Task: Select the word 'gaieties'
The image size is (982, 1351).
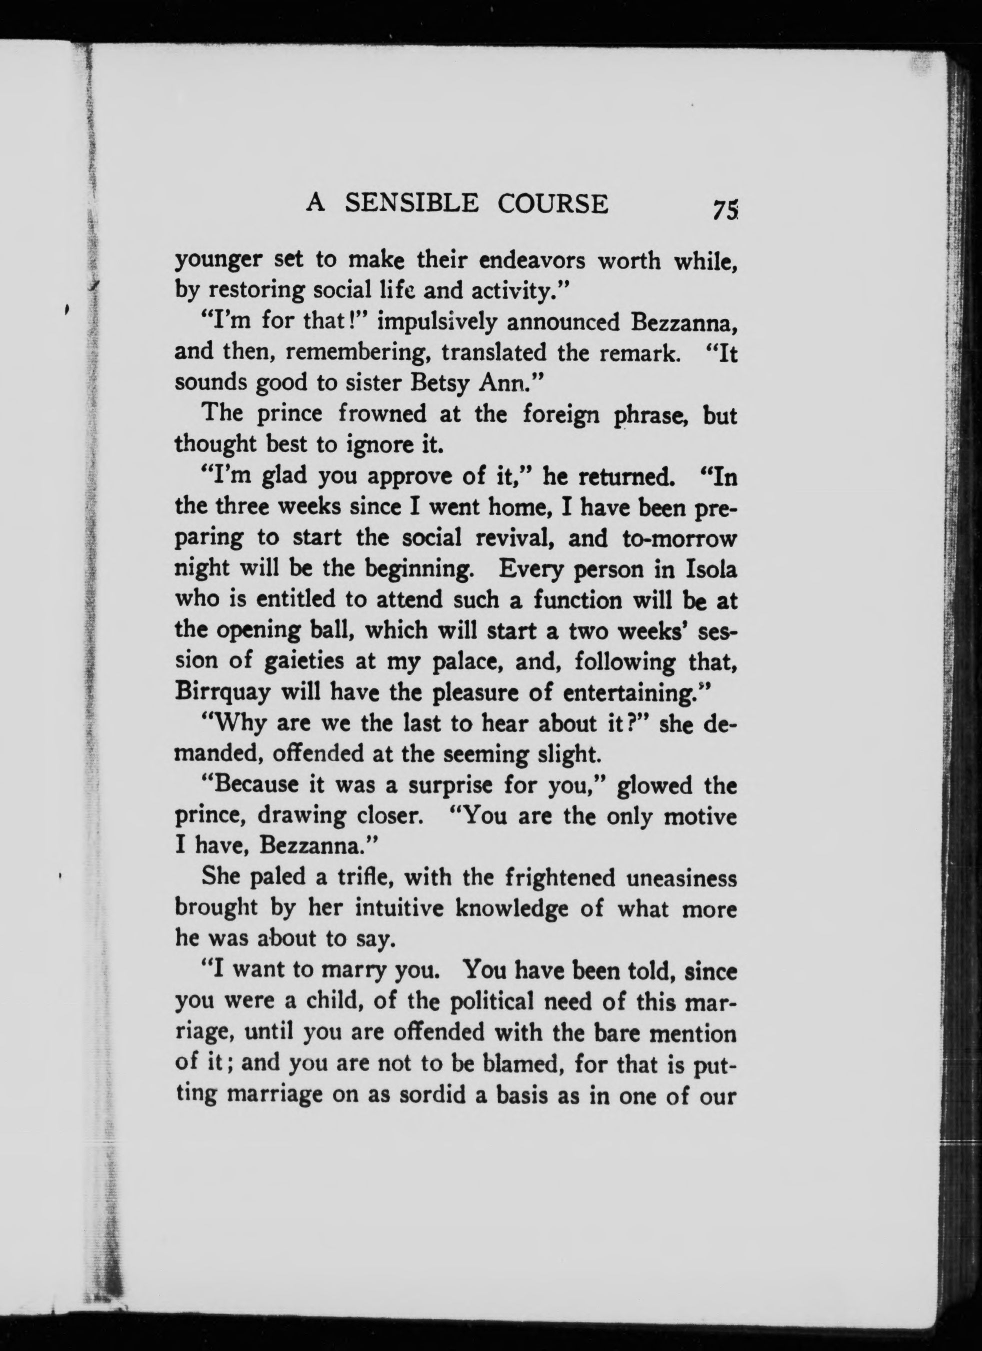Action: pyautogui.click(x=299, y=662)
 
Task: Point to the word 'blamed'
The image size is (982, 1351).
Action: pyautogui.click(x=523, y=1064)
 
